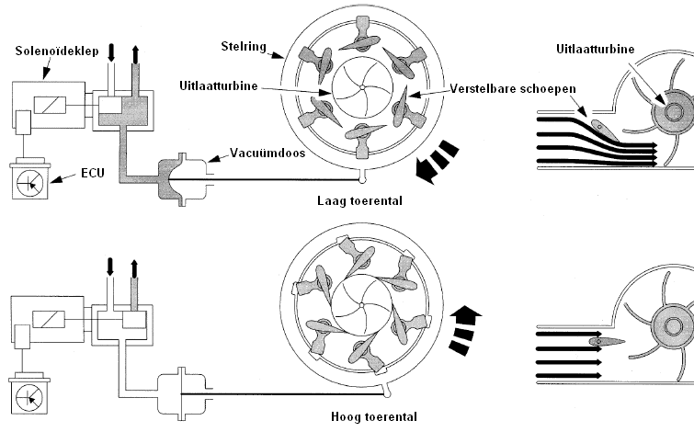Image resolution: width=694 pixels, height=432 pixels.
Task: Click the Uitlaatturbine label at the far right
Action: pyautogui.click(x=597, y=47)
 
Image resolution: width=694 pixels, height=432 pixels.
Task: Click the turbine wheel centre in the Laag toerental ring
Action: pyautogui.click(x=364, y=88)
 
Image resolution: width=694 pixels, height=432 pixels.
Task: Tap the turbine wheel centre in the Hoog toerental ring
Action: pyautogui.click(x=362, y=307)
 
